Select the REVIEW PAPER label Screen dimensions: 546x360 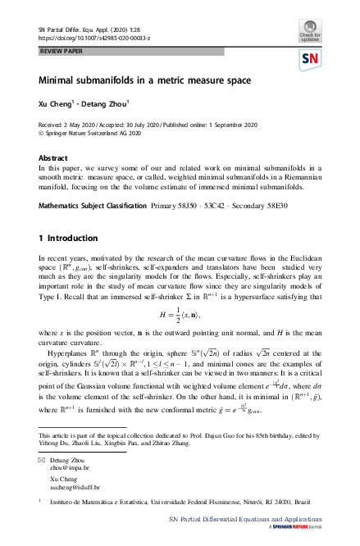(65, 52)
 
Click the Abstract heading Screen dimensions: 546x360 (54, 155)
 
